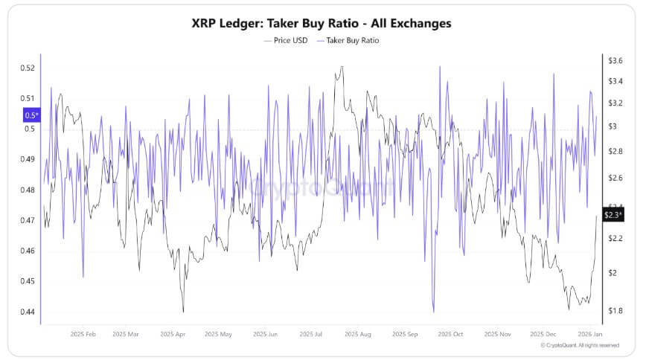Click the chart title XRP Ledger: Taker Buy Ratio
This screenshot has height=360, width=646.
(x=322, y=23)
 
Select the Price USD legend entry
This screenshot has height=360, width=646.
(x=287, y=40)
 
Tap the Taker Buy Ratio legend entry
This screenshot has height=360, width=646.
(x=348, y=40)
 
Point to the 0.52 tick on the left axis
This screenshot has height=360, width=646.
(x=28, y=68)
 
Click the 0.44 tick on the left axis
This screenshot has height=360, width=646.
(x=28, y=312)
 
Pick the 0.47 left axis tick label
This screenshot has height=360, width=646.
(x=28, y=220)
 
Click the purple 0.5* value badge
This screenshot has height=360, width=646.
(x=31, y=115)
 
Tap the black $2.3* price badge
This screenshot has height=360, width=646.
(x=612, y=214)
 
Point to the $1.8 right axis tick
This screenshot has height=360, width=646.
(x=615, y=310)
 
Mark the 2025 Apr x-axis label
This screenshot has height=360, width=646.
(x=173, y=335)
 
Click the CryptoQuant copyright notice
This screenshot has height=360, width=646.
(x=579, y=345)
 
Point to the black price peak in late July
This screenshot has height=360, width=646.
(x=341, y=67)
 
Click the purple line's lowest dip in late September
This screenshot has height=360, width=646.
(x=432, y=312)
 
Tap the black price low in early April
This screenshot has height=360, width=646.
(x=183, y=312)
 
